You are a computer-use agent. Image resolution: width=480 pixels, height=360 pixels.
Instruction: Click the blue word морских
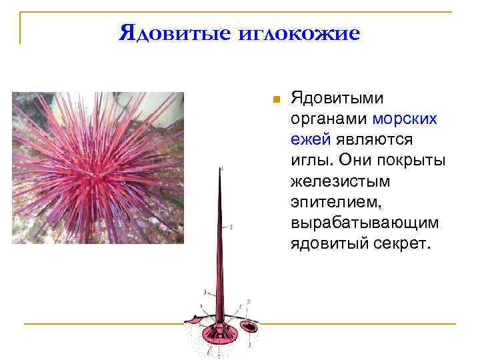click(x=405, y=119)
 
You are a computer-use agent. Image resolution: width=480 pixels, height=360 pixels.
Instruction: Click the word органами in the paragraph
click(x=329, y=119)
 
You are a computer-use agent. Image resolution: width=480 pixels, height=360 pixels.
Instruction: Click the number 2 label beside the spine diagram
click(x=231, y=227)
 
